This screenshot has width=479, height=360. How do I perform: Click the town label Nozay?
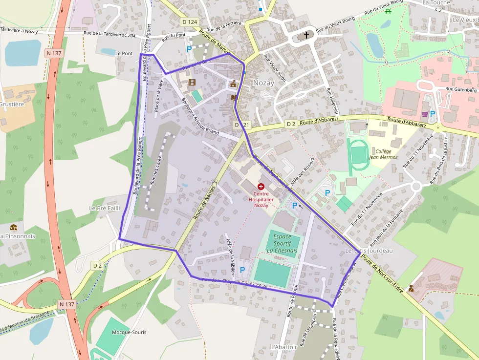(263, 83)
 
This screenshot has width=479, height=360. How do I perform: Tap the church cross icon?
(306, 35)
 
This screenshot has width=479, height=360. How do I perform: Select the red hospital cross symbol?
(261, 187)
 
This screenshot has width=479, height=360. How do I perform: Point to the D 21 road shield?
(242, 125)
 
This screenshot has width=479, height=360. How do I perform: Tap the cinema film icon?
(192, 82)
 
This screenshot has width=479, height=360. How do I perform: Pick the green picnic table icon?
(388, 11)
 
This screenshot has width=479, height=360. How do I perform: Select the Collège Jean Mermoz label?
(383, 154)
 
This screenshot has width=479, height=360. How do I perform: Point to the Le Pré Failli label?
(105, 208)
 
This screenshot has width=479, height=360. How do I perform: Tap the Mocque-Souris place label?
(129, 332)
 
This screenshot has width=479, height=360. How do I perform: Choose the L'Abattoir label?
(283, 347)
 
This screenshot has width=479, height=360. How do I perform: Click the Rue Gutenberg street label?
(460, 89)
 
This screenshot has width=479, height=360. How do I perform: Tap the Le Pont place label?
(124, 53)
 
